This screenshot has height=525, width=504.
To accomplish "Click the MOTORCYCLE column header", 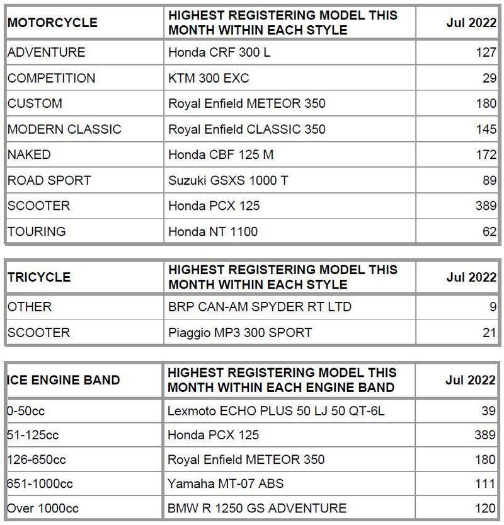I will tap(52, 23).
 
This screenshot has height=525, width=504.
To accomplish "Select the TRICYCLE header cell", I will tap(39, 277).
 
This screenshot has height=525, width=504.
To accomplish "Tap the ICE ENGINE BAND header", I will tap(63, 380).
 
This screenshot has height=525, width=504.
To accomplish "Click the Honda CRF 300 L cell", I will tap(219, 52).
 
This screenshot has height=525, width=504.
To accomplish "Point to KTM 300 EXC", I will tap(209, 78).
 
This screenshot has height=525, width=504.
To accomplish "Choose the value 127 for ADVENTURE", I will tap(486, 52).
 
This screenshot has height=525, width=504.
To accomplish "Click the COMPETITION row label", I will tap(52, 78).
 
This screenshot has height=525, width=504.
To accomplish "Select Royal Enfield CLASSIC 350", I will tap(247, 129).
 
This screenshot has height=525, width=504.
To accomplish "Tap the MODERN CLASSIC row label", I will tap(64, 129).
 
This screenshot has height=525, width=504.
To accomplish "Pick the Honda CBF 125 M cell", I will tap(221, 154).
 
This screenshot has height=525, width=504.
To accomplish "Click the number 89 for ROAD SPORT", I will tap(489, 180).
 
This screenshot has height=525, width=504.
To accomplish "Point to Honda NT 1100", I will tap(213, 231).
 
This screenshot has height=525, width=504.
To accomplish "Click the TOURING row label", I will tap(37, 231).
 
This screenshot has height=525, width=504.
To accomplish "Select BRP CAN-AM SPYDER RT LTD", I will tap(260, 307).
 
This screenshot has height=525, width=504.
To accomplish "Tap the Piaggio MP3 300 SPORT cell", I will tap(240, 332).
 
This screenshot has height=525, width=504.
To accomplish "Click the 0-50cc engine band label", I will tap(26, 410).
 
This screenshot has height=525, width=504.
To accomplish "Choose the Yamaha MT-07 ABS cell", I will tap(226, 483).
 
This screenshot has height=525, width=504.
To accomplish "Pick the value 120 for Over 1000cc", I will tap(486, 508).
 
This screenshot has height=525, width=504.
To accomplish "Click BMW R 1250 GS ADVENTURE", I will tap(257, 508).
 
